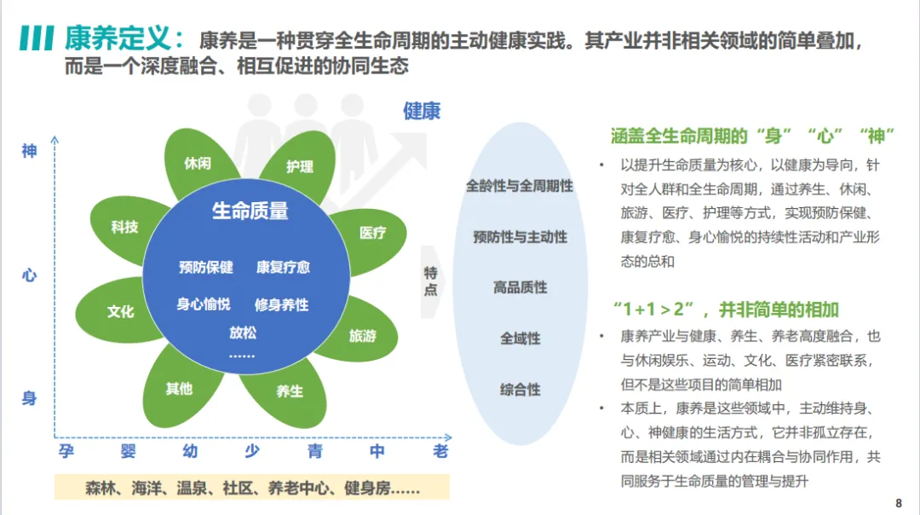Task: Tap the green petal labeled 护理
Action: click(x=299, y=166)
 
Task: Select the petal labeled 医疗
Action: click(x=372, y=232)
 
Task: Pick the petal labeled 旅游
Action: click(x=363, y=335)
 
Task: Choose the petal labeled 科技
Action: click(x=124, y=227)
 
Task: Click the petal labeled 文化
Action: click(x=121, y=311)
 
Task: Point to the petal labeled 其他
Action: click(x=179, y=389)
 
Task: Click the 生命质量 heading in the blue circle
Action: click(x=250, y=211)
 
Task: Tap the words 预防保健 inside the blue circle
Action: click(x=206, y=267)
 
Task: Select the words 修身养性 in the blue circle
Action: click(x=282, y=304)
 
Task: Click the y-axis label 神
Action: click(x=29, y=151)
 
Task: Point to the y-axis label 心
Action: click(x=29, y=275)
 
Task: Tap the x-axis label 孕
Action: click(x=66, y=451)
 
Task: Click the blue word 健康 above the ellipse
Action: click(x=422, y=111)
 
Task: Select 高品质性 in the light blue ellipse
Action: click(x=520, y=287)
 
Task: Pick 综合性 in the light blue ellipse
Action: click(x=520, y=390)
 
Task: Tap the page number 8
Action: click(x=899, y=502)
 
